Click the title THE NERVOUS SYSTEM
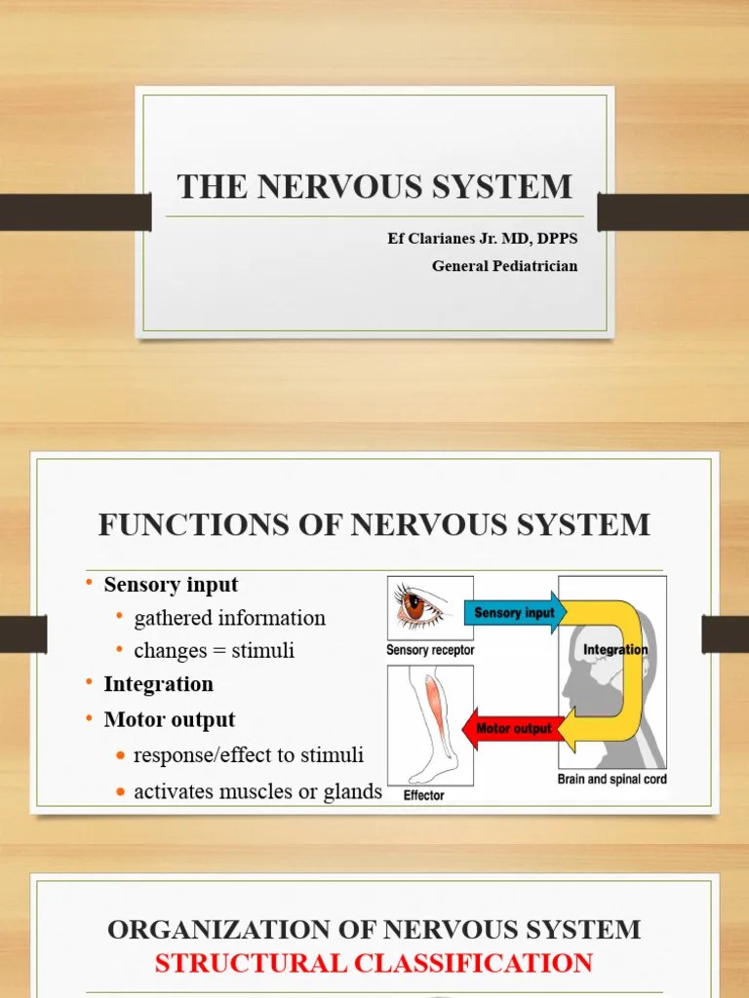point(374,186)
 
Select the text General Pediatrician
point(504,266)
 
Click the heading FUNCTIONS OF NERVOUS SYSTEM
point(374,524)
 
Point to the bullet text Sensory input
point(171,585)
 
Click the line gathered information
point(229,618)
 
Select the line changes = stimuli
point(214,650)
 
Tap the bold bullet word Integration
point(158,684)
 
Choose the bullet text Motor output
point(170,720)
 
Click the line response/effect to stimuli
point(248,755)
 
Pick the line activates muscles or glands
point(257,792)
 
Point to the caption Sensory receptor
point(430,650)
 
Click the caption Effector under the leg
point(423,795)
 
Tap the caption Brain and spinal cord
point(612,780)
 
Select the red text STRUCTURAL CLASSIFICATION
point(374,964)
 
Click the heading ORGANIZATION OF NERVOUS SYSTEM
point(374,929)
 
